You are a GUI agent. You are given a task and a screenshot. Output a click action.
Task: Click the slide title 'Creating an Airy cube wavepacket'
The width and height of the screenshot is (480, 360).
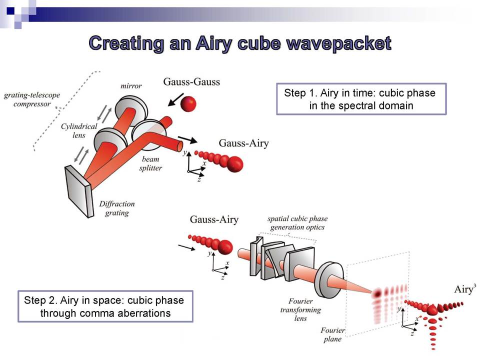coord(240,43)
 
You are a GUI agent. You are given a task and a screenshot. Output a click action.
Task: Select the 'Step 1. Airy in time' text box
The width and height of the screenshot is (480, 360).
coord(361,99)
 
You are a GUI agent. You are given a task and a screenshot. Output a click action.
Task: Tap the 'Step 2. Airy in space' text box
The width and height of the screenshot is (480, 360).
coord(105,306)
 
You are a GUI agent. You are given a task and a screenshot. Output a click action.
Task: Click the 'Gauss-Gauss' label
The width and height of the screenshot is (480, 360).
coord(191,81)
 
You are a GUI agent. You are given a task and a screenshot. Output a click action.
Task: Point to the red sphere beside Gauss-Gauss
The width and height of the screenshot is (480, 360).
coord(188,104)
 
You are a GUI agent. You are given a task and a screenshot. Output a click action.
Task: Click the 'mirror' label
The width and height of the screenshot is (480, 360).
coord(131,86)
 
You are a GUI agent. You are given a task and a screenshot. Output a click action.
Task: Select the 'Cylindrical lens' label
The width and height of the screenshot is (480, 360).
coord(79,130)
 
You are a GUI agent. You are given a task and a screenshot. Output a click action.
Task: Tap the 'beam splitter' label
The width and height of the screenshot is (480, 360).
coord(150,163)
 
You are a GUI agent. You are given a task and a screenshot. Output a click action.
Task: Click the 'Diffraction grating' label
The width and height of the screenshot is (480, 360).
coord(117,208)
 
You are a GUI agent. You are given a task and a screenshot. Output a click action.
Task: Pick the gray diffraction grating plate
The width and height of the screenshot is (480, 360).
coord(79,191)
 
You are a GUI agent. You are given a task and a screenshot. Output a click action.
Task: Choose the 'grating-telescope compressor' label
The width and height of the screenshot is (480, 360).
coord(32,99)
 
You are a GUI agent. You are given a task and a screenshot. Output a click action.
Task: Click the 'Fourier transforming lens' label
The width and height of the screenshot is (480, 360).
coord(300,310)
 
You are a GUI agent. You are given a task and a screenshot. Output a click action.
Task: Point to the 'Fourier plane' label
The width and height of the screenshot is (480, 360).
coord(332,334)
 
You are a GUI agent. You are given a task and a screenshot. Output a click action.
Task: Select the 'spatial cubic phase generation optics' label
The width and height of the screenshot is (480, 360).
coord(297,223)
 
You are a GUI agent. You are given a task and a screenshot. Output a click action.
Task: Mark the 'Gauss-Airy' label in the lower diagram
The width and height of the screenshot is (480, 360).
coord(214,219)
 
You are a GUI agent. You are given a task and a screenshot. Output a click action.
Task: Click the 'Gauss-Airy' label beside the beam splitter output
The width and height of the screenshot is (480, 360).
coord(243,143)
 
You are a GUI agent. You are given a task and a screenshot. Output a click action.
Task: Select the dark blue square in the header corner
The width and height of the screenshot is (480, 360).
coord(10,10)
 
